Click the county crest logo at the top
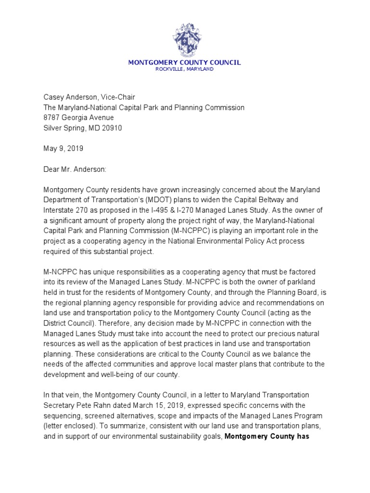coord(185,39)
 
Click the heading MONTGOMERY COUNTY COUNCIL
coord(185,63)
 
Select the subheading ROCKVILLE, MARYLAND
coord(185,69)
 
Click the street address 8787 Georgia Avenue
coord(79,117)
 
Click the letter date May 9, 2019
coord(63,149)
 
